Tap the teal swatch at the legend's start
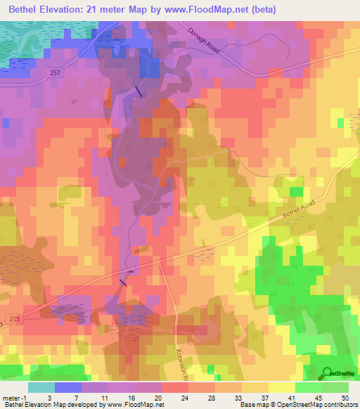41,387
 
